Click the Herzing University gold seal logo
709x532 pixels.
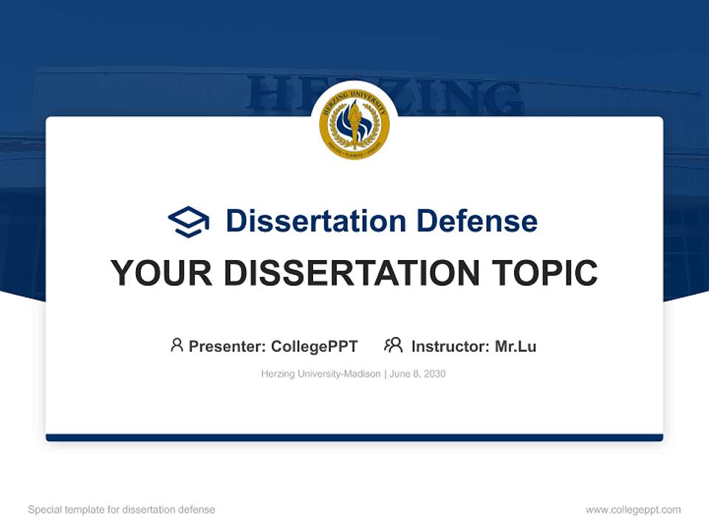click(x=354, y=125)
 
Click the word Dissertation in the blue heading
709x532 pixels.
click(x=315, y=221)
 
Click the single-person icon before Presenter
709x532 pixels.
click(x=177, y=345)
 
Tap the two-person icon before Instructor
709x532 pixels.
click(x=393, y=345)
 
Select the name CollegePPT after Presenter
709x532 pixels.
click(x=314, y=347)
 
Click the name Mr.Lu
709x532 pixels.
click(x=516, y=347)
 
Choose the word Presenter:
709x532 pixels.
click(x=227, y=347)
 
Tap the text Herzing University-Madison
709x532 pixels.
click(x=321, y=374)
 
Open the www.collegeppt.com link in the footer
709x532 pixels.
click(x=633, y=510)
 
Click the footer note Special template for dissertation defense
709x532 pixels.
click(x=121, y=510)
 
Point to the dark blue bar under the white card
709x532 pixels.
click(x=354, y=437)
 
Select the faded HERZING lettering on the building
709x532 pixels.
click(x=458, y=96)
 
